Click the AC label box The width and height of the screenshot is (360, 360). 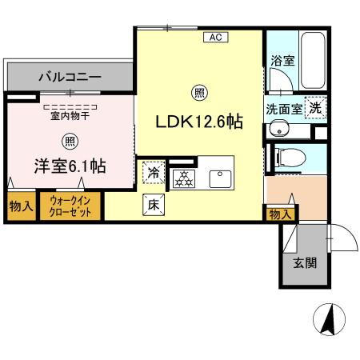[215, 37]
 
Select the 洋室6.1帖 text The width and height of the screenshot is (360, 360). [70, 166]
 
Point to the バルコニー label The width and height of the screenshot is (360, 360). [69, 78]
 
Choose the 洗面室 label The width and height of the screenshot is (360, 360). [282, 108]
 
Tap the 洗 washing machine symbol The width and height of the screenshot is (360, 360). [317, 107]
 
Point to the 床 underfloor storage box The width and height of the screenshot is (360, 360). [154, 205]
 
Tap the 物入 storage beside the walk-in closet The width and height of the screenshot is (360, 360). [21, 206]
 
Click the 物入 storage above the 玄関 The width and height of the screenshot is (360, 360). [279, 214]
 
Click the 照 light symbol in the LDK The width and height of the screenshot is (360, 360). [198, 93]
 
